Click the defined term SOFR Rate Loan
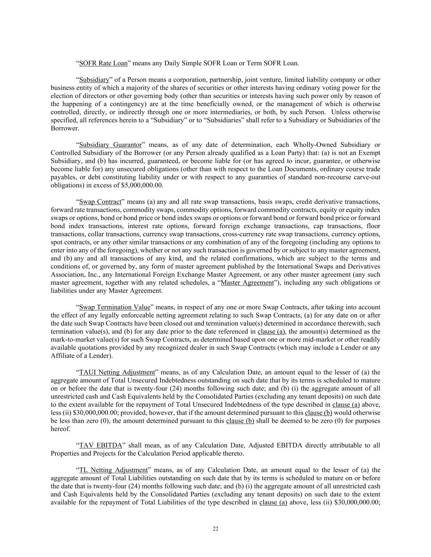[x=103, y=63]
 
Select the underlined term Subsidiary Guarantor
[x=110, y=145]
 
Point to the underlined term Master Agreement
[x=247, y=283]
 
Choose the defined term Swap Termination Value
[x=115, y=307]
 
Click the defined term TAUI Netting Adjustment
[x=117, y=372]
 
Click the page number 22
[x=215, y=529]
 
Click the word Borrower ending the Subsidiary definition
[x=64, y=128]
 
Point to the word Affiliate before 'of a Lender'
[x=63, y=356]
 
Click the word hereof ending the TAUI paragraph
[x=60, y=429]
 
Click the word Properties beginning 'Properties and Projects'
[x=64, y=453]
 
